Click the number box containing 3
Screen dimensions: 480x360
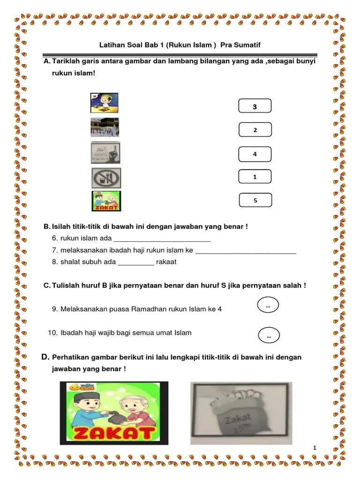tap(255, 106)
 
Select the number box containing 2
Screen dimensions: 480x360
tap(255, 130)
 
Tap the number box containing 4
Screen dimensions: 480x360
tap(255, 154)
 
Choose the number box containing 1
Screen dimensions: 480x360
tap(255, 177)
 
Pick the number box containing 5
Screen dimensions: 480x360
tap(255, 200)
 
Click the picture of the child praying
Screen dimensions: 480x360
tap(104, 103)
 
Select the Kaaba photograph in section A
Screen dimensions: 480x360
tap(105, 127)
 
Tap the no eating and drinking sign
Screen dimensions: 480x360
tap(106, 178)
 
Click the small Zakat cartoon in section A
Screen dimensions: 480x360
tap(106, 201)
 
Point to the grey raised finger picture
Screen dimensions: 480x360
tap(105, 153)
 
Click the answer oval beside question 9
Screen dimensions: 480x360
tap(268, 306)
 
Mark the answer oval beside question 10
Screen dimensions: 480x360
tap(269, 336)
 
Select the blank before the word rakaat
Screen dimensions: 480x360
tap(136, 262)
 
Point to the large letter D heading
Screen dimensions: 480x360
tap(45, 357)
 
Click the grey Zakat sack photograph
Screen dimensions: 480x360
tap(241, 413)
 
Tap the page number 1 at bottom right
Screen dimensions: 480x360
tap(315, 448)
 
